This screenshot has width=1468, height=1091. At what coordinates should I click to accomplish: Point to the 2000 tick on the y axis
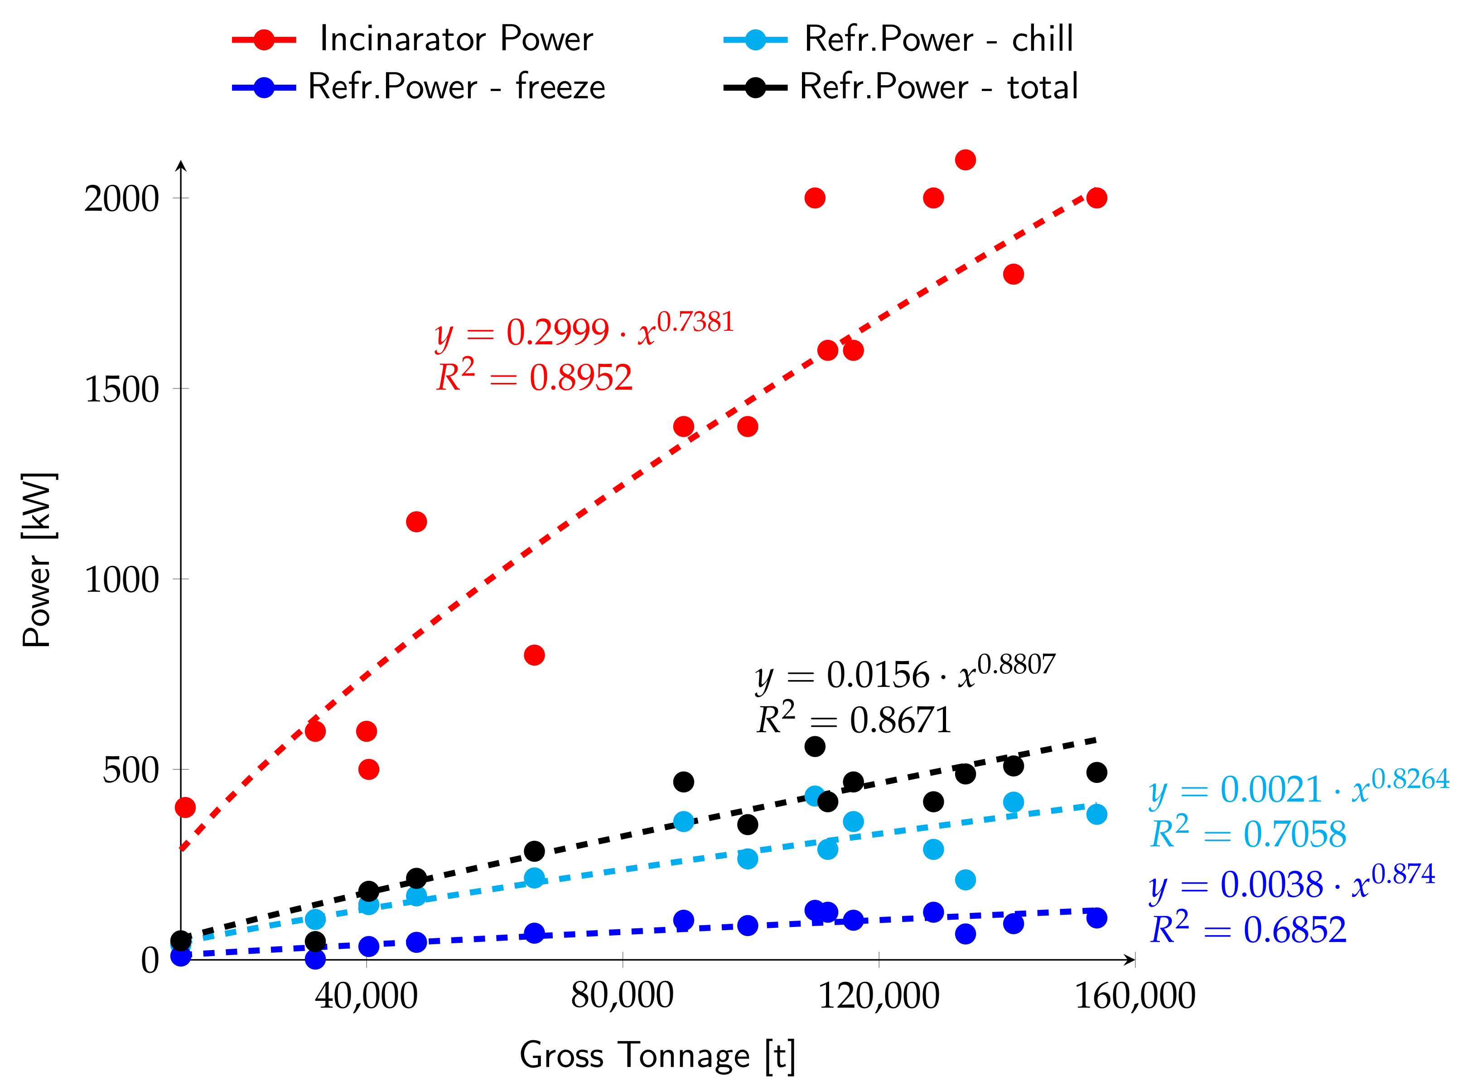(122, 198)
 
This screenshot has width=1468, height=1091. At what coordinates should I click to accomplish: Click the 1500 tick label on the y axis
(122, 389)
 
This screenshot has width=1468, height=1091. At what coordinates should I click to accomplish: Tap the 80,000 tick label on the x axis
(622, 996)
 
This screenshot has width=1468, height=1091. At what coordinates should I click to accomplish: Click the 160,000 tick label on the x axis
(1135, 996)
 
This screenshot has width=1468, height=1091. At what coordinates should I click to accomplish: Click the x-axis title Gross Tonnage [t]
(657, 1055)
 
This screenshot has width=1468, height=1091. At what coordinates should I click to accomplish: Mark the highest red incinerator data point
(965, 160)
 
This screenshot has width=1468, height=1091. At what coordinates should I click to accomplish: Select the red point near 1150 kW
(416, 522)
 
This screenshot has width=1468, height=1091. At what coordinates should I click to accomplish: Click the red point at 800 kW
(534, 655)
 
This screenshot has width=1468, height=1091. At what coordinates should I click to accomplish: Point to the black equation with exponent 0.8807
(905, 674)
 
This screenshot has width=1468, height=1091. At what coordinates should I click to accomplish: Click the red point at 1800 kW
(1013, 274)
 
